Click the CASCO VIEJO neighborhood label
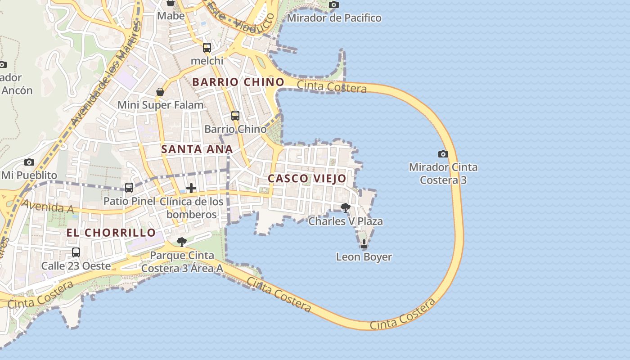point(307,179)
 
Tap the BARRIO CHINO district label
point(238,82)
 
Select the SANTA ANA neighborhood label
point(197,149)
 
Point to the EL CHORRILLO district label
point(111,233)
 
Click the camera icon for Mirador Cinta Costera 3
point(443,154)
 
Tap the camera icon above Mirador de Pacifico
point(333,4)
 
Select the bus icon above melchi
point(207,47)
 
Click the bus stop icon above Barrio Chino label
point(235,116)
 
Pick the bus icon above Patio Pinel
point(129,187)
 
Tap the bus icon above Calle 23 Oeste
point(76,252)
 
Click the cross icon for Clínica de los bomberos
point(191,188)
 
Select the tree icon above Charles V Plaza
point(345,207)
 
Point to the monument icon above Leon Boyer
point(364,244)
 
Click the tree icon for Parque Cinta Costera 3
point(181,242)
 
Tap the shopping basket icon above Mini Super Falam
point(160,92)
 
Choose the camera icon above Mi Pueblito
point(29,162)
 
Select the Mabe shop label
point(171,16)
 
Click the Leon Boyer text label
point(364,257)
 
